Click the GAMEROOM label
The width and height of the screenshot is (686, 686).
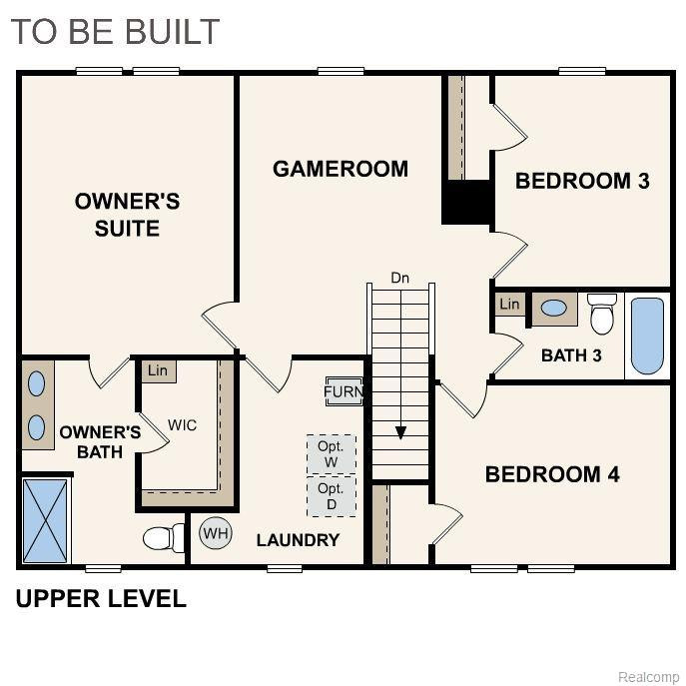click(x=341, y=169)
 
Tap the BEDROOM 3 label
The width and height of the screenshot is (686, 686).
click(x=582, y=181)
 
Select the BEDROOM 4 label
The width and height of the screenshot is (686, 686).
click(x=552, y=474)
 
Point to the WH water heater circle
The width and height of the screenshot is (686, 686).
click(x=216, y=533)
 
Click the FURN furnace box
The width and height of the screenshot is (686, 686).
click(x=344, y=391)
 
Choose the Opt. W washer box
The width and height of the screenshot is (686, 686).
click(x=332, y=454)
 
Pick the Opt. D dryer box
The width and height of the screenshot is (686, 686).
click(x=332, y=496)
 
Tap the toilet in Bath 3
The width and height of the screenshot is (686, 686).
click(x=602, y=314)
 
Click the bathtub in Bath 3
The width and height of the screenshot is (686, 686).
click(x=647, y=336)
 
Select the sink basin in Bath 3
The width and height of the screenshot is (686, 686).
click(x=554, y=308)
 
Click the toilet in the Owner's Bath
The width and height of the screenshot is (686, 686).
click(x=164, y=537)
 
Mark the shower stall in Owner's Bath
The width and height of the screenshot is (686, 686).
click(x=46, y=520)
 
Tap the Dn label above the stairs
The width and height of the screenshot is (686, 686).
click(x=399, y=278)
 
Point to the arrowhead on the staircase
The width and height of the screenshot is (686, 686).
click(x=400, y=432)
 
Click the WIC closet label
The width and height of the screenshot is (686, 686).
click(x=183, y=424)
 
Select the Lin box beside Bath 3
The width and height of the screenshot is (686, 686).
click(x=509, y=305)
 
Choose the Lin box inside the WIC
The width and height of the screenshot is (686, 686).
click(x=159, y=371)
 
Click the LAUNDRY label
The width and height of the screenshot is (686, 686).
click(x=298, y=540)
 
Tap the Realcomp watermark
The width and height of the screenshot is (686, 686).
click(x=649, y=677)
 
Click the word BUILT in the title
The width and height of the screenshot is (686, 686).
click(x=169, y=32)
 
